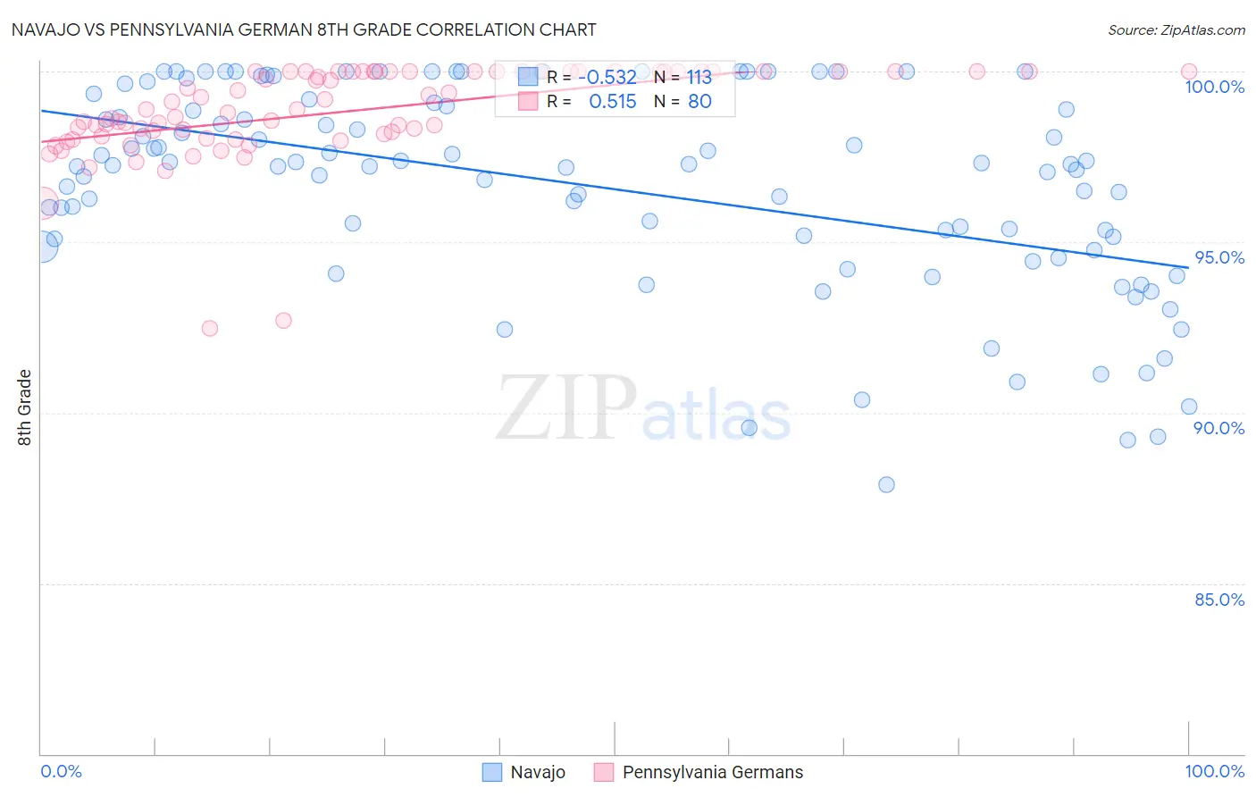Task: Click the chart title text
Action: pyautogui.click(x=304, y=29)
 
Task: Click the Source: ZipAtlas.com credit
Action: pyautogui.click(x=1176, y=29)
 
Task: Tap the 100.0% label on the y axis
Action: pyautogui.click(x=1214, y=87)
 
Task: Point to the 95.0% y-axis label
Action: pyautogui.click(x=1218, y=257)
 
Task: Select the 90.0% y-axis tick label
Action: pyautogui.click(x=1218, y=428)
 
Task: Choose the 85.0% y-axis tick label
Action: pyautogui.click(x=1218, y=600)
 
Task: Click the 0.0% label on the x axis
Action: pyautogui.click(x=61, y=771)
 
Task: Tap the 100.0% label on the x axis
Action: pyautogui.click(x=1214, y=771)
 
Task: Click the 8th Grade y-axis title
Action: pyautogui.click(x=24, y=407)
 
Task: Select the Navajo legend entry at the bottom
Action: pyautogui.click(x=524, y=772)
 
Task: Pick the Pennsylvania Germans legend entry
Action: pyautogui.click(x=699, y=772)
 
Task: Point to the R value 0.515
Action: pyautogui.click(x=612, y=102)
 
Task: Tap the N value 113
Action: pyautogui.click(x=699, y=78)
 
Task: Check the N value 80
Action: pyautogui.click(x=699, y=102)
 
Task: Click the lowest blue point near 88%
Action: pyautogui.click(x=886, y=484)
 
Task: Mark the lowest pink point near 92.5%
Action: pyautogui.click(x=210, y=328)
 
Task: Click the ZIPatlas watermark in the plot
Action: pyautogui.click(x=643, y=409)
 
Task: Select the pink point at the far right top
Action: pyautogui.click(x=1188, y=71)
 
